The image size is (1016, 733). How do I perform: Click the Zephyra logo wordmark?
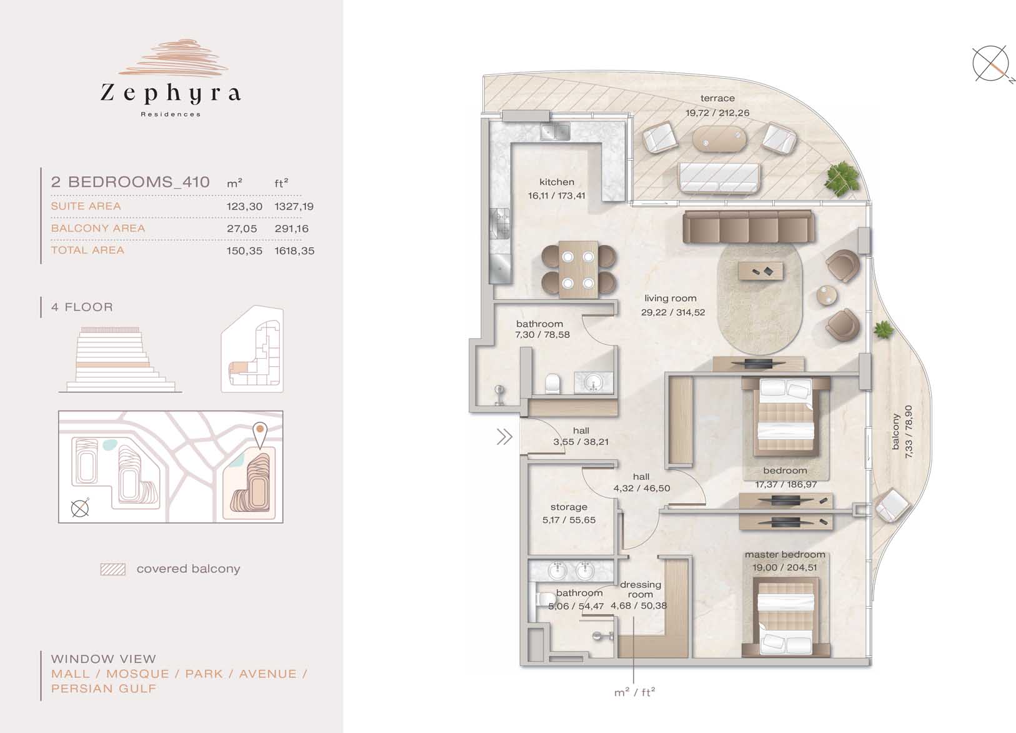[x=171, y=93]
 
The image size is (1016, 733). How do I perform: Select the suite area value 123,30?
[x=244, y=206]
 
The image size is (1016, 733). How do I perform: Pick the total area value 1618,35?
[x=294, y=251]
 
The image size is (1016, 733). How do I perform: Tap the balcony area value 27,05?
[x=242, y=229]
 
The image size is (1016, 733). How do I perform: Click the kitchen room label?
[x=557, y=182]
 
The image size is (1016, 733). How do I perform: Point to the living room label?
[x=670, y=299]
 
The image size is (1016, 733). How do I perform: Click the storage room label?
[x=569, y=507]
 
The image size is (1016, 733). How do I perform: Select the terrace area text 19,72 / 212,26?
[x=717, y=113]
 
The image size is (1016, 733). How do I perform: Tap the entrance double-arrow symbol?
[x=504, y=437]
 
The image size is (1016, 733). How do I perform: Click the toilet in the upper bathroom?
[x=552, y=383]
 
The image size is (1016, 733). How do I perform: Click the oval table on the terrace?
[x=719, y=139]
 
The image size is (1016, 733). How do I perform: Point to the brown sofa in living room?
[x=749, y=226]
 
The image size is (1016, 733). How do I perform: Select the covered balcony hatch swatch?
[x=113, y=569]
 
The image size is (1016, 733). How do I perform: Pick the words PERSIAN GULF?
[x=104, y=689]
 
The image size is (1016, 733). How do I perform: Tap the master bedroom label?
[x=785, y=554]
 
